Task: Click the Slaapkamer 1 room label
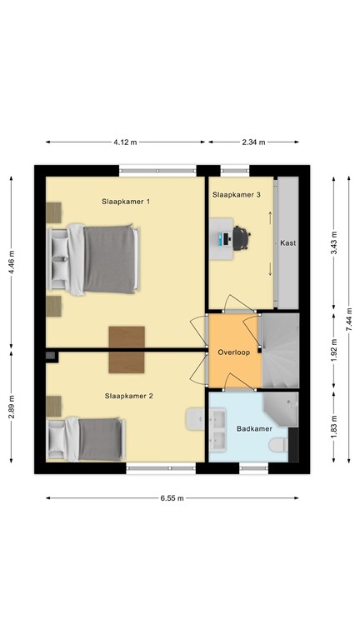(x=125, y=202)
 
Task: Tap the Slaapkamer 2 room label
(x=128, y=396)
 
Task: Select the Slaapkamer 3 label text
(x=236, y=195)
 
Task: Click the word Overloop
(x=234, y=352)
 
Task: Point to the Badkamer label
(x=253, y=430)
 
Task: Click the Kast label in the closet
(x=288, y=243)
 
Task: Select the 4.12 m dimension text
(x=125, y=142)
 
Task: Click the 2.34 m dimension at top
(x=252, y=142)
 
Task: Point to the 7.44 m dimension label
(x=350, y=317)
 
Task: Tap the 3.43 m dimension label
(x=333, y=242)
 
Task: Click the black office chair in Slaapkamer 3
(x=242, y=238)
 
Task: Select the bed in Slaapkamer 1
(x=94, y=258)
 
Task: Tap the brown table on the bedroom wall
(x=127, y=348)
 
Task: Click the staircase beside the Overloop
(x=279, y=350)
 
